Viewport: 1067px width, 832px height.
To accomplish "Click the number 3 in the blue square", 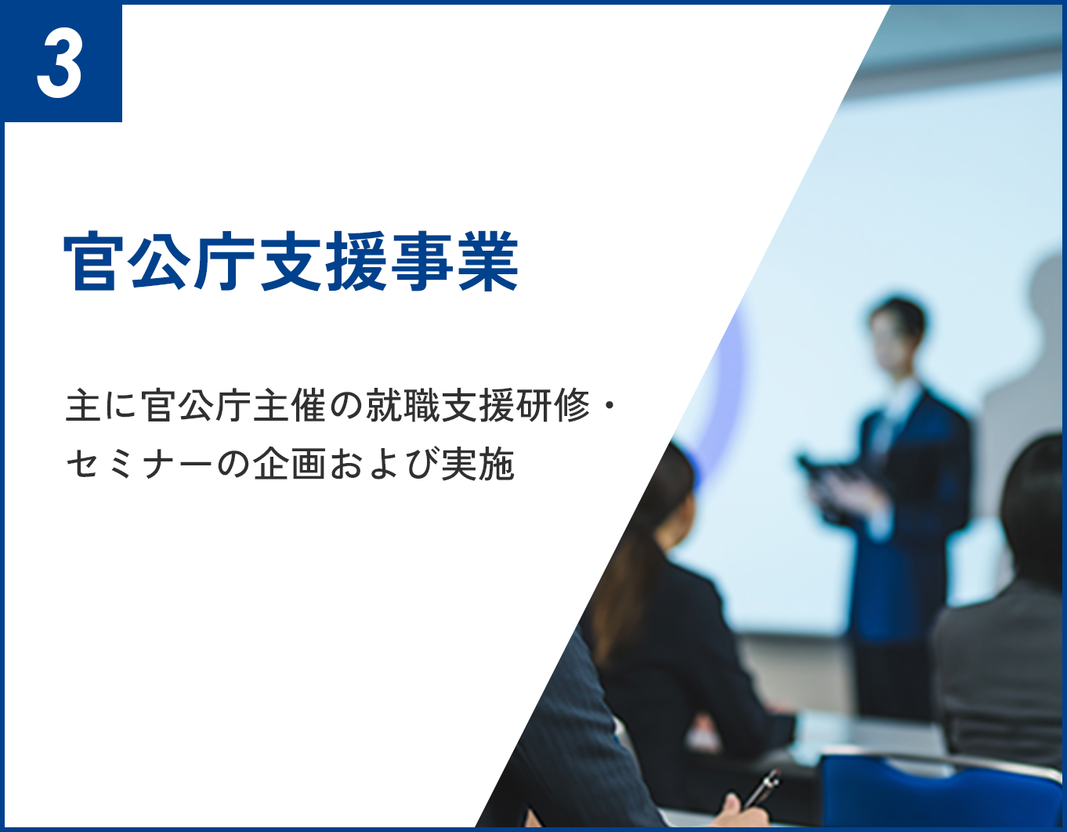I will [60, 64].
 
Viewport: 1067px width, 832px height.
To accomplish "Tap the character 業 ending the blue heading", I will [488, 262].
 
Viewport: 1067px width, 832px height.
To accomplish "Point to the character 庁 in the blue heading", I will [226, 262].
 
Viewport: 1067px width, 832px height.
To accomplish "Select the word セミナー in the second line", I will [139, 464].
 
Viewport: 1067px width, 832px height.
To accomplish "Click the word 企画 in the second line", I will [289, 464].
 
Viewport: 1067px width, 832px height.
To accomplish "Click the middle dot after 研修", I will [612, 407].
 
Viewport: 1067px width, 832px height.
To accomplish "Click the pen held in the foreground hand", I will [761, 787].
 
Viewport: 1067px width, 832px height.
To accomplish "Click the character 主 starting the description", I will [81, 406].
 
